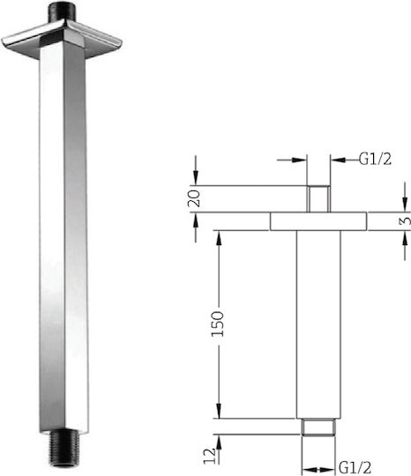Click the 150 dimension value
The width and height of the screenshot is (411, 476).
(x=218, y=324)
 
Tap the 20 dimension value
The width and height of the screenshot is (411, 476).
(x=194, y=198)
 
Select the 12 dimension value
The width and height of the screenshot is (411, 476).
(x=210, y=456)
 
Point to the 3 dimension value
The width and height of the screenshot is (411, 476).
(x=405, y=220)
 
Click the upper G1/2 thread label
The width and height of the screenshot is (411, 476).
(x=375, y=159)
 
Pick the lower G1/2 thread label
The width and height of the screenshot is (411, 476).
(x=355, y=467)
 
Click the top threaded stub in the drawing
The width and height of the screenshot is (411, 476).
(x=318, y=199)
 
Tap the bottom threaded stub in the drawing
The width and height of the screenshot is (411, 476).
(x=318, y=428)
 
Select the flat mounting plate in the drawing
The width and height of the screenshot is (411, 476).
(x=318, y=221)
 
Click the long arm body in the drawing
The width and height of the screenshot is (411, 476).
(x=318, y=324)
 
